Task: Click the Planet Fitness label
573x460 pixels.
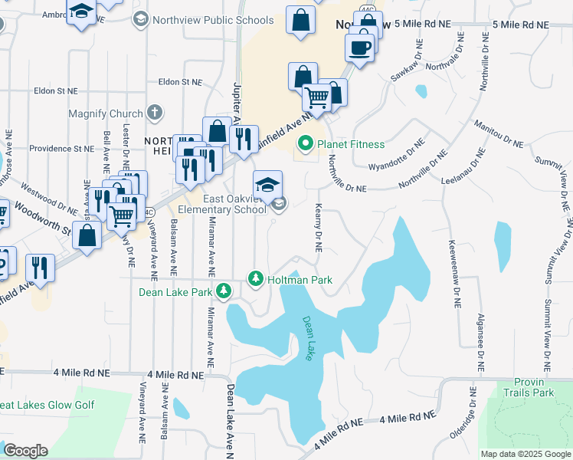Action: [x=352, y=143]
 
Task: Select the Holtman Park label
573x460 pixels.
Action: [x=300, y=280]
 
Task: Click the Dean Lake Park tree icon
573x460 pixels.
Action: [x=223, y=291]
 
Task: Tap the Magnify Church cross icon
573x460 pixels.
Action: [x=155, y=113]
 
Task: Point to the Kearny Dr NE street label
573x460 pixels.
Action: [x=316, y=228]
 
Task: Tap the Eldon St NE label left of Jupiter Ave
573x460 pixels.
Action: [x=180, y=81]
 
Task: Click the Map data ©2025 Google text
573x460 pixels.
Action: [x=525, y=454]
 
